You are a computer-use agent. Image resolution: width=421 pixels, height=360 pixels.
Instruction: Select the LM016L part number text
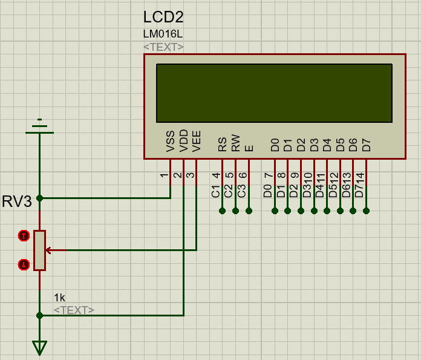coord(163,34)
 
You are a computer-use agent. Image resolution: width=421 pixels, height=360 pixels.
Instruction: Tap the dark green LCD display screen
coord(274,93)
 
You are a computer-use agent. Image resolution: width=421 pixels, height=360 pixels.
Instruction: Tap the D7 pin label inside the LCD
coord(366,145)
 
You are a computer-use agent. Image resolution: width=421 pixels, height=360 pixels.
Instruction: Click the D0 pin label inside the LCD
coord(275,145)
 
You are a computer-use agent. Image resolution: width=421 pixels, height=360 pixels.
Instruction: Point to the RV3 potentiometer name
coord(17,201)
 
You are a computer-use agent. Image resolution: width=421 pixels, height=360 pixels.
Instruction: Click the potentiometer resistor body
coord(40,250)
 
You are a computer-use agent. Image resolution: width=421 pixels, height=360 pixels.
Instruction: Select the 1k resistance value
coord(59,298)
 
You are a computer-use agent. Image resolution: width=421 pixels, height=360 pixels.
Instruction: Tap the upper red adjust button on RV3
coord(24,235)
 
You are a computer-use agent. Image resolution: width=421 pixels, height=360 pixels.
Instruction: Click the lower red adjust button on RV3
coord(24,264)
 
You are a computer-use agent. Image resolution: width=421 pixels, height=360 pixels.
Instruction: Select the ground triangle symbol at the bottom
coord(40,347)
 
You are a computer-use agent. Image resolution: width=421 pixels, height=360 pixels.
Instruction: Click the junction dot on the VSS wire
coord(40,198)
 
